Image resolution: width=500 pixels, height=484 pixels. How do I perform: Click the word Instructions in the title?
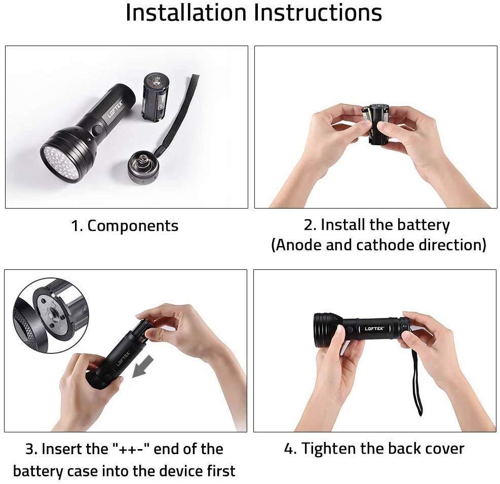(318, 13)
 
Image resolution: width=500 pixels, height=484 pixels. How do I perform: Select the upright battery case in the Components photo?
(154, 96)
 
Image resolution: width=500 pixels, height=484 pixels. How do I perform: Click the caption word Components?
(133, 226)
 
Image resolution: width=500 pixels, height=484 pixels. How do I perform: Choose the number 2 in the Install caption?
(309, 225)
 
